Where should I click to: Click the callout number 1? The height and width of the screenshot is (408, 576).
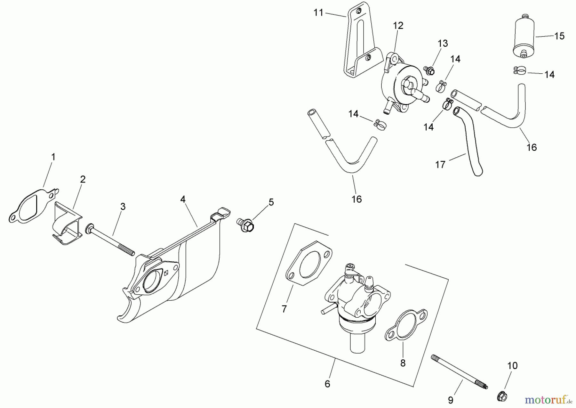click(53, 157)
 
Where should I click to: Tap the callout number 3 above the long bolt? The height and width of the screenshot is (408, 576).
click(123, 207)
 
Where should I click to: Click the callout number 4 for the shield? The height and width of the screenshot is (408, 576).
click(183, 199)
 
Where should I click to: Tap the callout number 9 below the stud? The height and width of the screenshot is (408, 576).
click(451, 400)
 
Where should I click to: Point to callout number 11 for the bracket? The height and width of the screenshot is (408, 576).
click(318, 13)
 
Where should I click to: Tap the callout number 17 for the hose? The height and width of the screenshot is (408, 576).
click(440, 165)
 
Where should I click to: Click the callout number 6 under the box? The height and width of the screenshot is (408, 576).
click(327, 384)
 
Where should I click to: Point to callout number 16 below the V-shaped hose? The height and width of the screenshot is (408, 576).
click(356, 199)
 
